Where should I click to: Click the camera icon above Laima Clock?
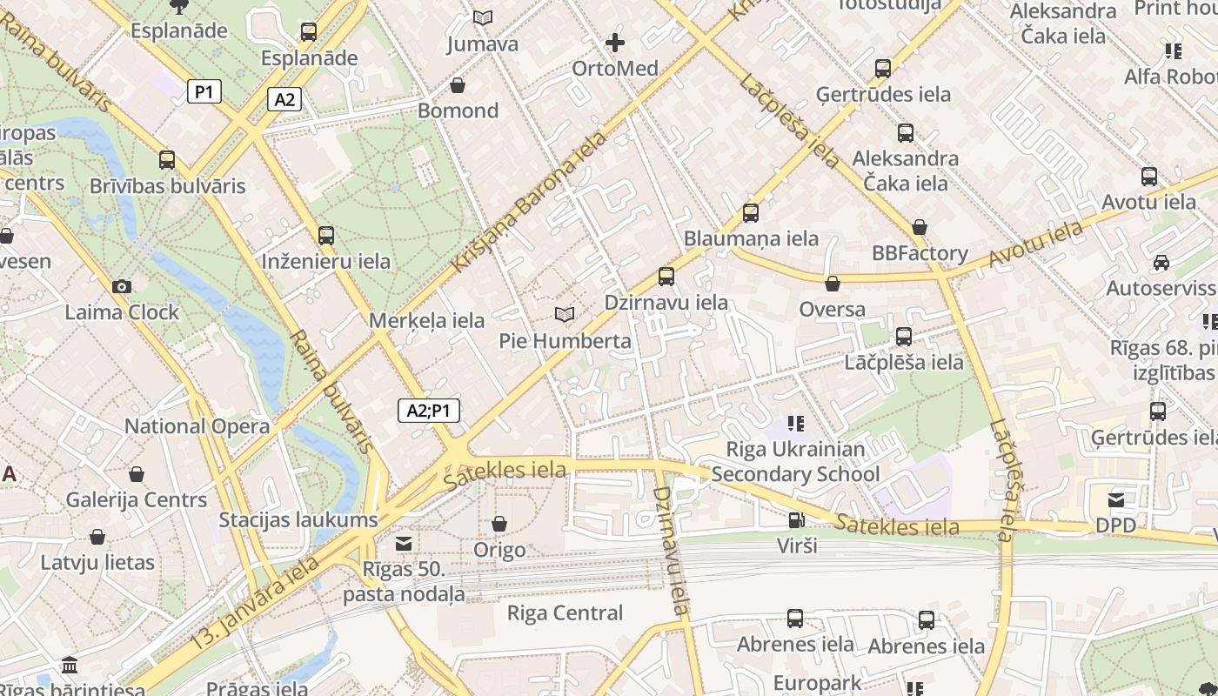[122, 286]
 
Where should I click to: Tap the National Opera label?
[197, 426]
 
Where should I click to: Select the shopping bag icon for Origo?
[499, 524]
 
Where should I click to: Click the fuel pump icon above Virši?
[796, 520]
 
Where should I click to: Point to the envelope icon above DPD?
[1116, 499]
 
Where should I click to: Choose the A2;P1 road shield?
[429, 411]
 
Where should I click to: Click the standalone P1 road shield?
[204, 91]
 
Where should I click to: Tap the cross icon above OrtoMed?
[615, 42]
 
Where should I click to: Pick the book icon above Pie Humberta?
[565, 314]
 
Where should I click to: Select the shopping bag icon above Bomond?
[458, 85]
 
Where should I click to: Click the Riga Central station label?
[565, 612]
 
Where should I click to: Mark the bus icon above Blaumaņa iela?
[751, 212]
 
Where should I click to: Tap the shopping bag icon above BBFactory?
[920, 227]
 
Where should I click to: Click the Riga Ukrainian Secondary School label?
[796, 462]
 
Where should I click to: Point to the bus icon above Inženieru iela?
[326, 235]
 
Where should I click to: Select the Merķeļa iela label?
[426, 320]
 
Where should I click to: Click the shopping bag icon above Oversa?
[833, 283]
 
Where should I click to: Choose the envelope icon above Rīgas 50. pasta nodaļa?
[404, 544]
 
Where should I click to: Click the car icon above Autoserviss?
[1161, 262]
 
